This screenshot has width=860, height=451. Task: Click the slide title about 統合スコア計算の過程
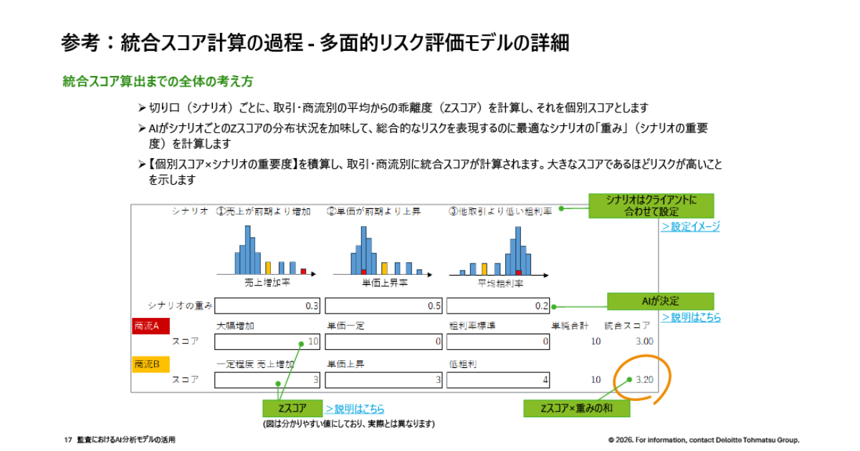pos(315,44)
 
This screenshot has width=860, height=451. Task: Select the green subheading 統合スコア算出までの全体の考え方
pos(158,82)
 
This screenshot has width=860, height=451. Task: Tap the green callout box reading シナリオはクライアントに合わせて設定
pos(651,205)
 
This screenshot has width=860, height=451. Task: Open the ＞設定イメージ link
pos(690,227)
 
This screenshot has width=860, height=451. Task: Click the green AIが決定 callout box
pos(660,301)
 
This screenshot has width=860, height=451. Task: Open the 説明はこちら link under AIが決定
pos(691,317)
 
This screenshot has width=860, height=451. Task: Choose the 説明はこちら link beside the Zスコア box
pos(355,409)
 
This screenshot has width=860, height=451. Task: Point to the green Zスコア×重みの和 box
pos(576,409)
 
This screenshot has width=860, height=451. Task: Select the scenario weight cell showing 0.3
pos(267,306)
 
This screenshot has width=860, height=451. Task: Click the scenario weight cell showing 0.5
pos(384,306)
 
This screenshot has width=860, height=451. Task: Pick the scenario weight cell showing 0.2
pos(497,306)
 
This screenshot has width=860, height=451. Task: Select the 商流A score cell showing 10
pos(267,341)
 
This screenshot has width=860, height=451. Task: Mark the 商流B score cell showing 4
pos(497,379)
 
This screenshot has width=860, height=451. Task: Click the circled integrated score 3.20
pos(644,379)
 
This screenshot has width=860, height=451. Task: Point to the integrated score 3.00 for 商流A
pos(644,341)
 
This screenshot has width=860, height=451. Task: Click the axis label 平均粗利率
pos(500,283)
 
